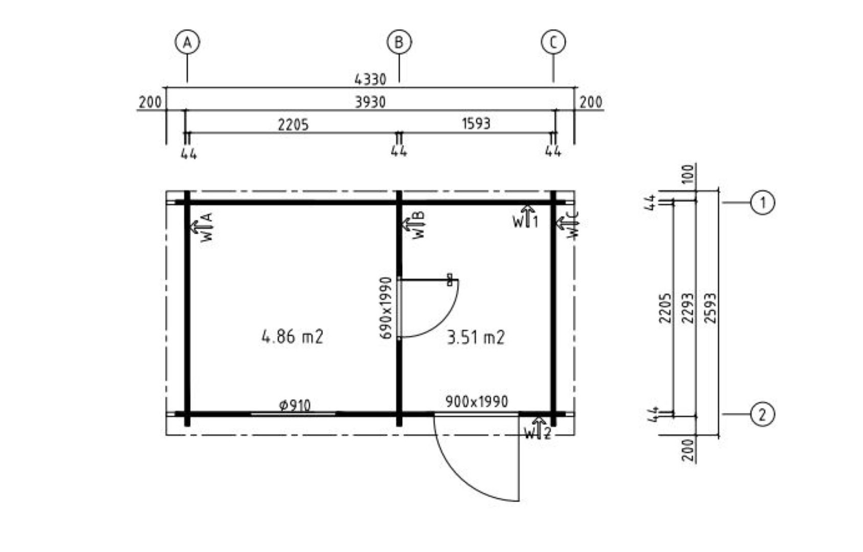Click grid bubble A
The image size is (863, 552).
point(187,42)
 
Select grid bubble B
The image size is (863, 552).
point(399,42)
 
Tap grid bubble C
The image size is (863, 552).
point(554,42)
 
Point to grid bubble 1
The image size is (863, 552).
point(762,202)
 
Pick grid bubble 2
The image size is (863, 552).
point(762,415)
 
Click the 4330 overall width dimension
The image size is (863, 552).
point(370,80)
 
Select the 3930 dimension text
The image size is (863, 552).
point(370,102)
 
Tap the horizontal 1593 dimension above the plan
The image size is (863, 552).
point(476,124)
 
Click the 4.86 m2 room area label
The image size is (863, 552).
point(292,337)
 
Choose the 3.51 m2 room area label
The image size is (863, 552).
point(475,337)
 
